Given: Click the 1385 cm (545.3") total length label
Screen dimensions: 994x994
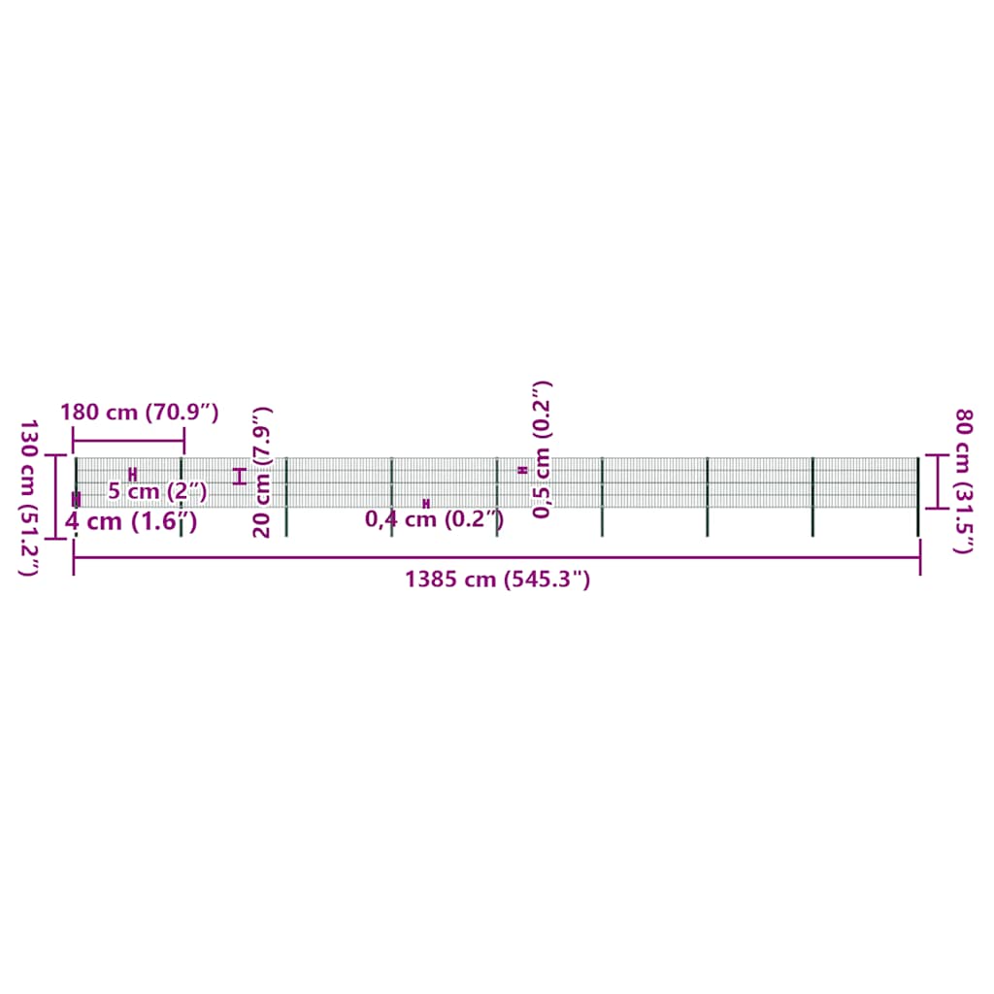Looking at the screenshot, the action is (498, 580).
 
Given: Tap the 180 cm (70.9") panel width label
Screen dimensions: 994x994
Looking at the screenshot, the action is (140, 413).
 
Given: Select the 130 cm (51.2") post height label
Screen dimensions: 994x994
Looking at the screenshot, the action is (28, 498).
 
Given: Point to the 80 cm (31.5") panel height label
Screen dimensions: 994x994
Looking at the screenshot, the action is (964, 481).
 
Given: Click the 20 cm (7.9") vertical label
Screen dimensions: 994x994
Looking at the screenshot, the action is (262, 473).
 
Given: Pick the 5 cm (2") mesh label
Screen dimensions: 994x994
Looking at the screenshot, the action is (157, 490).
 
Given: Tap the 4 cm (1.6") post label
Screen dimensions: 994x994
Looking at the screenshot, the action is (131, 521).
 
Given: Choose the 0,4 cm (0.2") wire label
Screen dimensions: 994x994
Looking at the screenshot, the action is (434, 519).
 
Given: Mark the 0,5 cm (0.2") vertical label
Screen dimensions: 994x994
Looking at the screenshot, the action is (542, 449).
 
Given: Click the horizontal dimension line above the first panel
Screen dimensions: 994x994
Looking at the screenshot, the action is (129, 441).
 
